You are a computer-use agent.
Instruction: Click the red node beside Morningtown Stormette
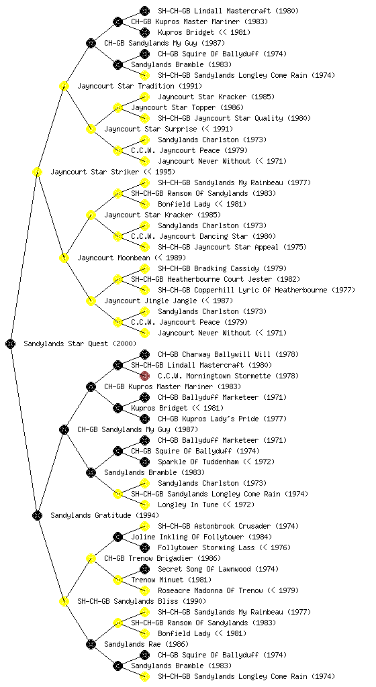tap(144, 376)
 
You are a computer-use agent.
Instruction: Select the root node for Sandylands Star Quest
tap(11, 343)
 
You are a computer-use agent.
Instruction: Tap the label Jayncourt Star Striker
tap(95, 172)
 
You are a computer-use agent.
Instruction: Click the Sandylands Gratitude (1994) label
tap(105, 515)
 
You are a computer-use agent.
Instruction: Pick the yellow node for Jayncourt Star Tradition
tap(64, 86)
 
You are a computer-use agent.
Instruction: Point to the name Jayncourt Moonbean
tap(114, 258)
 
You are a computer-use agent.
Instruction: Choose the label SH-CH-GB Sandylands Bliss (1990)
tap(142, 601)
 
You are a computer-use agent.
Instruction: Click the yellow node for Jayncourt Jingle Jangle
tap(91, 301)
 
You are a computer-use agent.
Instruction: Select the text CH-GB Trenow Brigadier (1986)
tap(162, 558)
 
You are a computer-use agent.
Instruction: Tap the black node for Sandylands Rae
tap(91, 644)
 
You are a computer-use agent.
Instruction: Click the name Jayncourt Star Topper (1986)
tap(187, 107)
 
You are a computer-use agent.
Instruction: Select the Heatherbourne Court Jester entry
tap(216, 279)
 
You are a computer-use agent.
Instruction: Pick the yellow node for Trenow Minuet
tap(117, 580)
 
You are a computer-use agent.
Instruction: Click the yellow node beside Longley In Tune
tap(144, 505)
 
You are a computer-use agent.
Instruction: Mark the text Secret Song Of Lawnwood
tap(204, 569)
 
